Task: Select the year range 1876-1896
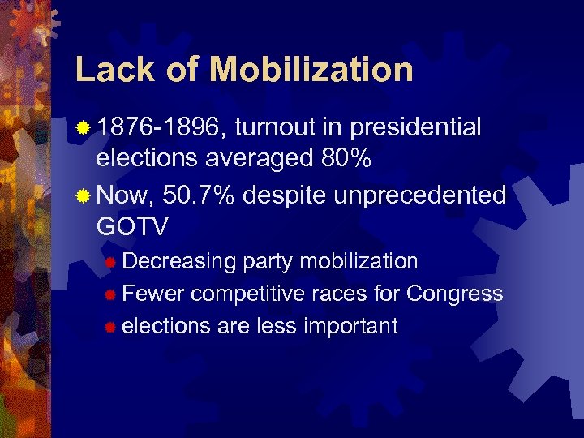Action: pyautogui.click(x=162, y=127)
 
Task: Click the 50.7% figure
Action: pyautogui.click(x=199, y=195)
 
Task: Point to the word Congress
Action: pyautogui.click(x=454, y=294)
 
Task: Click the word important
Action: pyautogui.click(x=350, y=326)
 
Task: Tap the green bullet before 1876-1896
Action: pyautogui.click(x=83, y=128)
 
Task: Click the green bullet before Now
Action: pyautogui.click(x=83, y=195)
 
